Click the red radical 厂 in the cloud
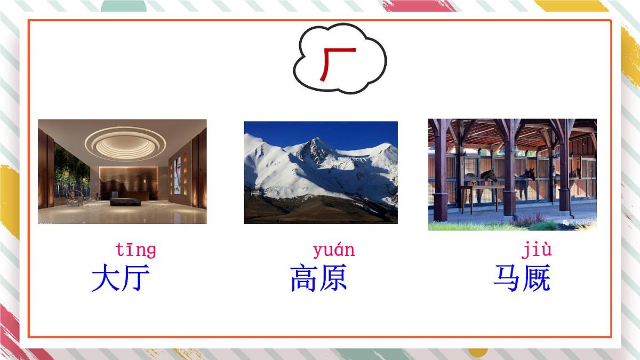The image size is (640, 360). tap(337, 63)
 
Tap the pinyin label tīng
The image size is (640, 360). tap(135, 250)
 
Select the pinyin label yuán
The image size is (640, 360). tap(333, 250)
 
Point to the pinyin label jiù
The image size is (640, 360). tap(536, 250)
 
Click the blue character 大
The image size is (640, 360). tap(106, 278)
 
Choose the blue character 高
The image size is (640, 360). tap(304, 278)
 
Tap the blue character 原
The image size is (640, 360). tap(334, 278)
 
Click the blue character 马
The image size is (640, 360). tap(507, 278)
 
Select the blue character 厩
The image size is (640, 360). tap(537, 278)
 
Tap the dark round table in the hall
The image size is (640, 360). tap(125, 202)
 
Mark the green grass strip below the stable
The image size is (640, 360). tap(480, 226)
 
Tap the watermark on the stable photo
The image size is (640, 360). tap(576, 225)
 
